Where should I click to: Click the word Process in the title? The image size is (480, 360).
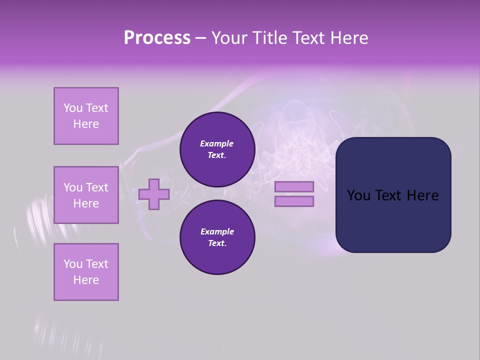coord(157,38)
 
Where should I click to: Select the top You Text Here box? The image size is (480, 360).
coord(86,116)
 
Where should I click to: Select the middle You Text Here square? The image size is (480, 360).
coord(86,195)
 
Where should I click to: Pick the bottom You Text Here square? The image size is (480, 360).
coord(86,272)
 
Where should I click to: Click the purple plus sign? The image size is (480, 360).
coord(154,194)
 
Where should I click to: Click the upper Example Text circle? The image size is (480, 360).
coord(217,149)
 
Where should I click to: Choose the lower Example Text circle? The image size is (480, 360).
coord(217,237)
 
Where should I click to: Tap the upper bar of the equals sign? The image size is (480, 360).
coord(294,187)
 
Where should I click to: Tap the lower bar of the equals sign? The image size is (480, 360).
coord(294,201)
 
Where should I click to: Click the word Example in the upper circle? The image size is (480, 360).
coord(217,143)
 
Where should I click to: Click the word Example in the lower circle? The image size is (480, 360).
coord(217,231)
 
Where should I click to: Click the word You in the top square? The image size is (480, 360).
coord(73,108)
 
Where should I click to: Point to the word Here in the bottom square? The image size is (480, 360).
coord(86,280)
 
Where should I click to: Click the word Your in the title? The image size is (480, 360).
coord(230,38)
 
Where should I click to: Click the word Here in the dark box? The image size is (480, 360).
coord(422,195)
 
